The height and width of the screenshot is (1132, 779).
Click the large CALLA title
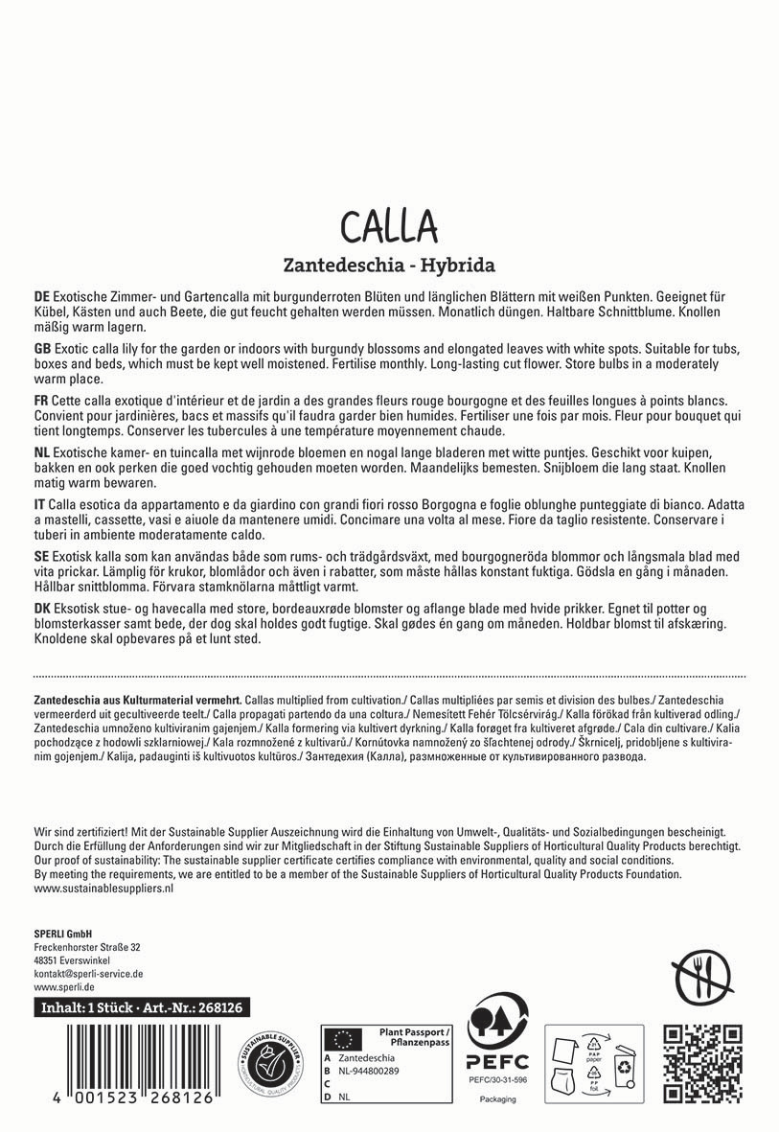(389, 226)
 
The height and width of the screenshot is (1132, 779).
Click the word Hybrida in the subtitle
(457, 265)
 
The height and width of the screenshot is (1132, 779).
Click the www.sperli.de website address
(63, 986)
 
